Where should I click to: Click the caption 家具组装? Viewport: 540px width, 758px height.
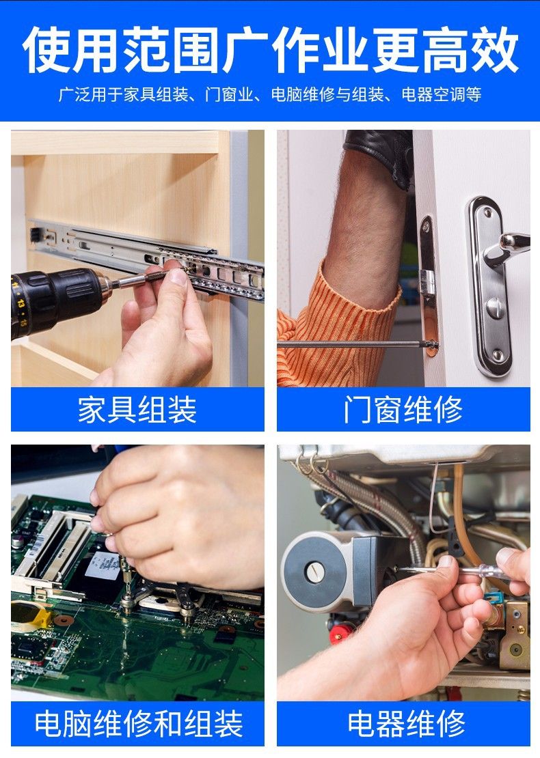(x=137, y=410)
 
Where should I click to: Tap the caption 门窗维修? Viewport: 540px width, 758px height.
(x=403, y=410)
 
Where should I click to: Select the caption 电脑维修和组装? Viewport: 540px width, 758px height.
(x=138, y=724)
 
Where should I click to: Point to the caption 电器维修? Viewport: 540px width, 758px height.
(x=405, y=724)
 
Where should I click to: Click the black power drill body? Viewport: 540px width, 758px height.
(x=53, y=300)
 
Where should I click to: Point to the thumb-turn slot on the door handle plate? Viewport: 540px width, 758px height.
(x=494, y=308)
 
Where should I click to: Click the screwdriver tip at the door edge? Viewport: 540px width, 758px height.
(x=432, y=345)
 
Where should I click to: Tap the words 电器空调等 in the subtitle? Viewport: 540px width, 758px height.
(x=442, y=94)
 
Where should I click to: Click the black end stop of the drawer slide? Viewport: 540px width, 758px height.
(x=36, y=235)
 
